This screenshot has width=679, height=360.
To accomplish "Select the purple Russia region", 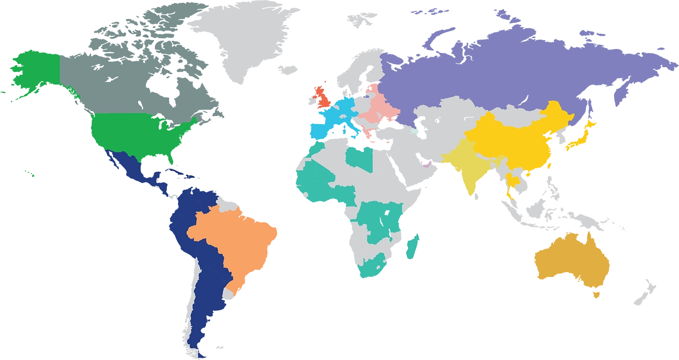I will (x=501, y=72).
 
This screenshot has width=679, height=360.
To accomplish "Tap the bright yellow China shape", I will (x=505, y=138).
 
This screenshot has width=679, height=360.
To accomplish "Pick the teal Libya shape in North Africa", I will (x=360, y=157).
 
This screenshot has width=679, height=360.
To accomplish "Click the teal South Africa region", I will (x=372, y=265).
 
